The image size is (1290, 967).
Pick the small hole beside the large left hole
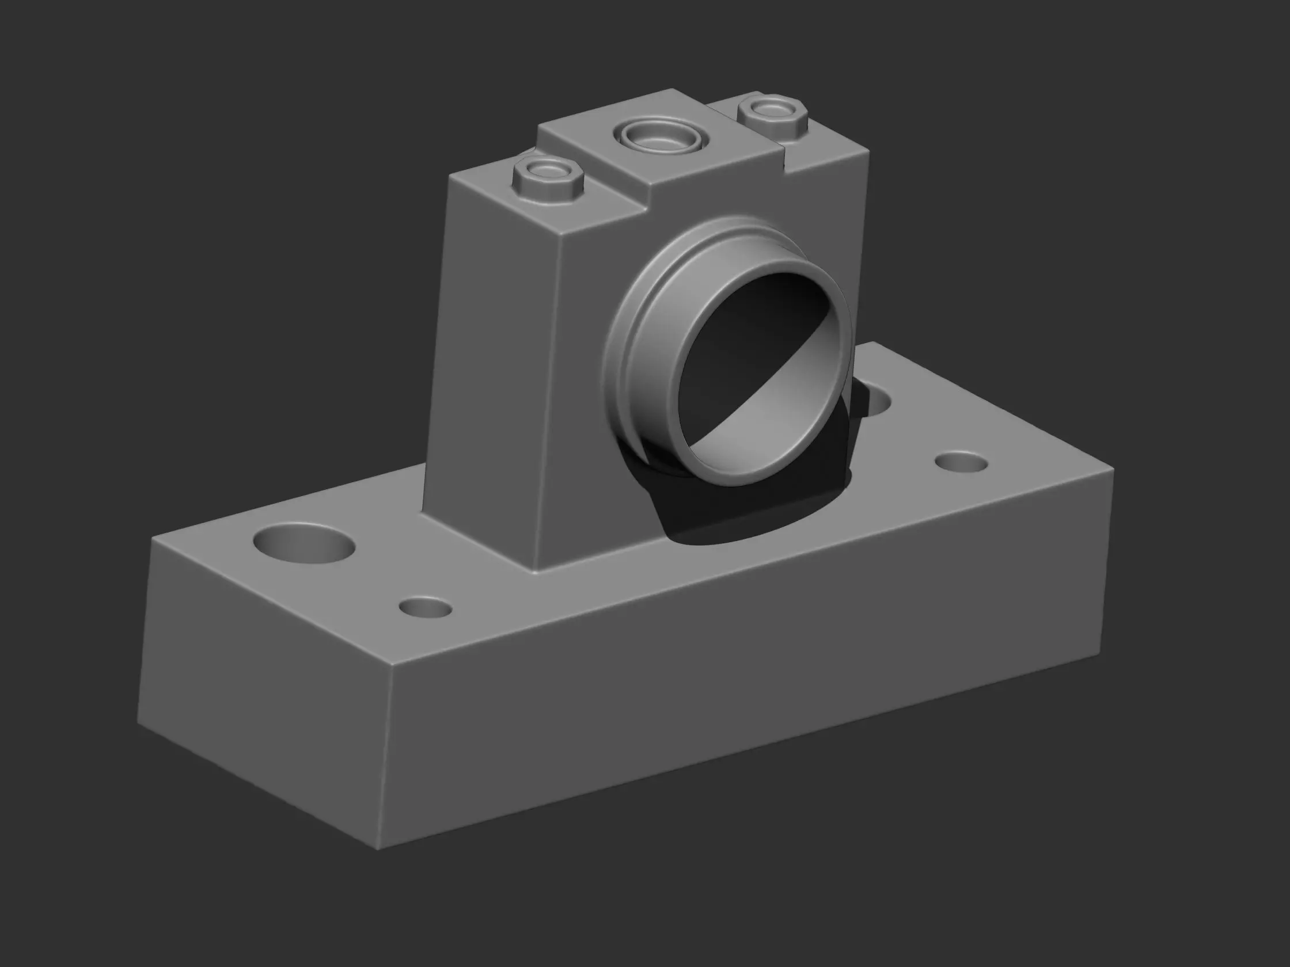point(426,607)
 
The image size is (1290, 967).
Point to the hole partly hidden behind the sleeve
point(875,402)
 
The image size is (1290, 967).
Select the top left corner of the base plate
point(153,539)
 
